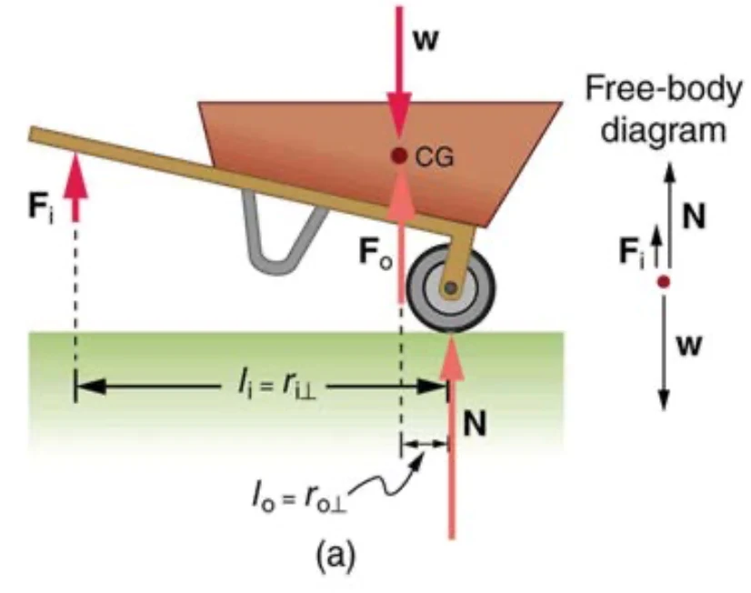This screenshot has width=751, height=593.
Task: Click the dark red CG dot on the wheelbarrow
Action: click(398, 156)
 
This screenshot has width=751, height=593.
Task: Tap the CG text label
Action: click(434, 157)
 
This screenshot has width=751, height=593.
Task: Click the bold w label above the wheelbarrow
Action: click(426, 40)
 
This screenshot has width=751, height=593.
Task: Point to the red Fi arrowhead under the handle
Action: click(74, 175)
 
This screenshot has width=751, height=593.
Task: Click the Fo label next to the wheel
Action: click(375, 255)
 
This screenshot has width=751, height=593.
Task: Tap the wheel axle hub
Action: click(450, 287)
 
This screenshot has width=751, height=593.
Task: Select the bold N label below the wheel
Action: click(475, 424)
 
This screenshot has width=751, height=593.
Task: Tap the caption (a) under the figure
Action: click(335, 556)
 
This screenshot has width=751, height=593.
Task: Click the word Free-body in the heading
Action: click(664, 88)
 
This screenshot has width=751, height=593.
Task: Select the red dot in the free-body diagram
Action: click(664, 282)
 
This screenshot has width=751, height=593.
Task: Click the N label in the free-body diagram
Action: click(694, 216)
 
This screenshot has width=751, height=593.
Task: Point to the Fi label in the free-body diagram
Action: click(631, 252)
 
